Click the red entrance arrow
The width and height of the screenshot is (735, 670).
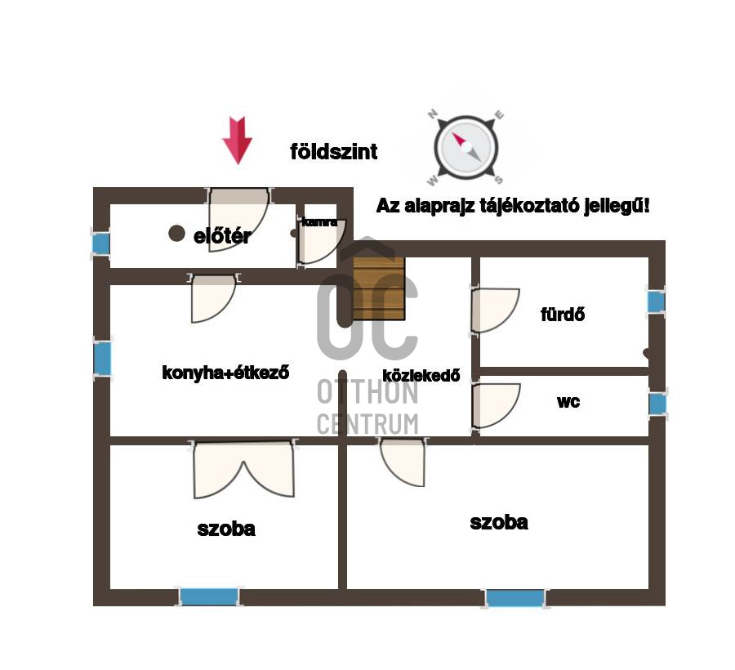(237, 140)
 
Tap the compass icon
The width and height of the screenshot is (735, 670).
(466, 147)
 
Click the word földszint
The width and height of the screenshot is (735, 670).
(334, 151)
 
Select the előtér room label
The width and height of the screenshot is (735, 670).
(222, 237)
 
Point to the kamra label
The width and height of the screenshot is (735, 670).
(318, 221)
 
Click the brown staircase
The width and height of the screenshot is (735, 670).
(379, 288)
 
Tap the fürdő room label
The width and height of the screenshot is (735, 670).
(563, 314)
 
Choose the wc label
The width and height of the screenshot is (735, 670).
(568, 402)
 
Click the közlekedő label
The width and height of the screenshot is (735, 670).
(421, 376)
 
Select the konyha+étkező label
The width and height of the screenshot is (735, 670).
(226, 373)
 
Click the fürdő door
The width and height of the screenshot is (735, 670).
(494, 310)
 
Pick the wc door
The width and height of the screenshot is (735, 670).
(495, 405)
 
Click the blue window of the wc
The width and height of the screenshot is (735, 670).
(657, 404)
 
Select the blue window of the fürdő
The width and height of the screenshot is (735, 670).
(656, 301)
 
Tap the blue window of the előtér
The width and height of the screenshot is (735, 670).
(100, 243)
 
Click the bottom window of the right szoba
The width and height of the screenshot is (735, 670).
(514, 598)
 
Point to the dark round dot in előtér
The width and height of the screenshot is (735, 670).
(176, 234)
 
